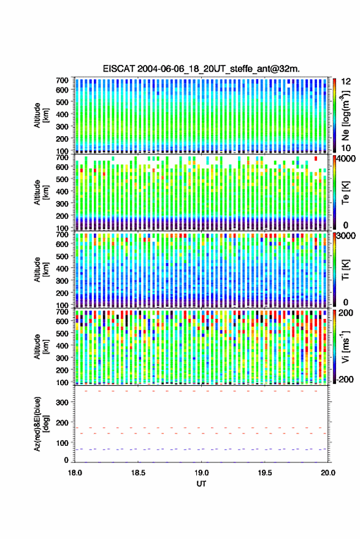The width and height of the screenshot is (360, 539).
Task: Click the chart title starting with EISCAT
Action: point(201,69)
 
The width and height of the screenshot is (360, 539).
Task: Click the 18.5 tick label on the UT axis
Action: point(138,473)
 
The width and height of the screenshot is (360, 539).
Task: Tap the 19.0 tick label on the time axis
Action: point(202,473)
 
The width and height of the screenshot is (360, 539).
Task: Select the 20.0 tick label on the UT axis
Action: point(328,473)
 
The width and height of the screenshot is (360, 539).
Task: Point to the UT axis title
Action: point(202,484)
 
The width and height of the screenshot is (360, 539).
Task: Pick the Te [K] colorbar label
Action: point(345,193)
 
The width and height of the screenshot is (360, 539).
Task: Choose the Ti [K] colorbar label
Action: point(345,270)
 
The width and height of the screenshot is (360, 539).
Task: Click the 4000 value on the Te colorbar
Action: point(346,159)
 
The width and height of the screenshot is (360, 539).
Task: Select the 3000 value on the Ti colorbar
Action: point(346,236)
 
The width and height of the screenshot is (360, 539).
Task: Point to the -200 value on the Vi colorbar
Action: point(345,380)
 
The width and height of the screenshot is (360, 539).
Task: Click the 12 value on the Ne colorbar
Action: point(346,82)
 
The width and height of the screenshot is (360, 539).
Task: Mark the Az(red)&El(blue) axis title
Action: point(40,424)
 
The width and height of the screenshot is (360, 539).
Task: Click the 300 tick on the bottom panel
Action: point(63,402)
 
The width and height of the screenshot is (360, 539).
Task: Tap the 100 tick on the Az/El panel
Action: point(63,443)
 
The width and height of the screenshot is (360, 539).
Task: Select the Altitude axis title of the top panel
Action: point(40,115)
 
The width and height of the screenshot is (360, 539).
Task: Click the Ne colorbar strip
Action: point(335,115)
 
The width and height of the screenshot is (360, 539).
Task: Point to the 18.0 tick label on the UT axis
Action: point(75,473)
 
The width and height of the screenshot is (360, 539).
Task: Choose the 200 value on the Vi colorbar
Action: point(346,313)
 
